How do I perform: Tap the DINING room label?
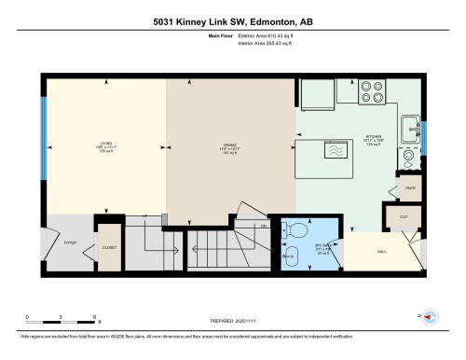point(231,145)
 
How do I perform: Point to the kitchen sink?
point(410,129)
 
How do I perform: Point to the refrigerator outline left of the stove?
point(312,94)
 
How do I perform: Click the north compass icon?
point(430,317)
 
